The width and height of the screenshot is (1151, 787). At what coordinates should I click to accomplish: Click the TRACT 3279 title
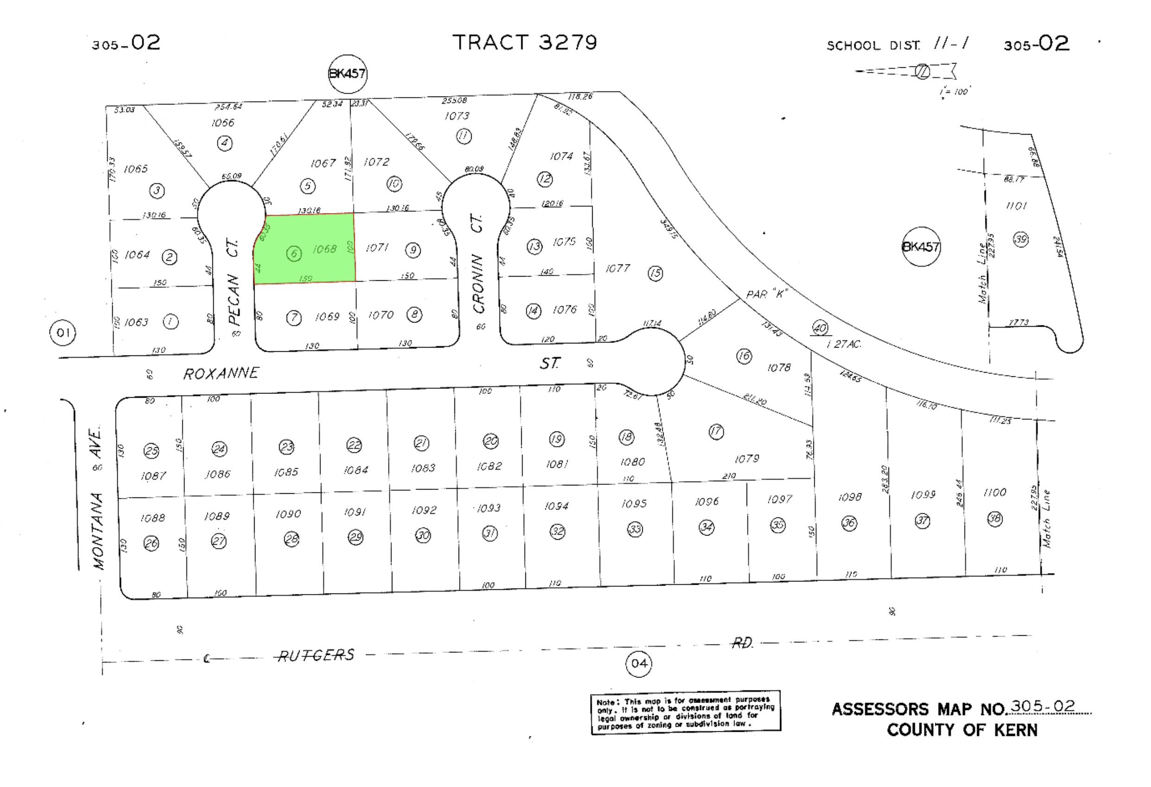[x=524, y=43]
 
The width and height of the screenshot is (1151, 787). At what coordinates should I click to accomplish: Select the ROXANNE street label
[x=221, y=373]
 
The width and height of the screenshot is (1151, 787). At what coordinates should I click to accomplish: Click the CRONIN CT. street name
[x=478, y=263]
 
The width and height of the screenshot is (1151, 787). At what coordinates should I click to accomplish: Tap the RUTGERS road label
[x=316, y=656]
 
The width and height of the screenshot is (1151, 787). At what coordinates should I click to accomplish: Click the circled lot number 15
[x=655, y=273]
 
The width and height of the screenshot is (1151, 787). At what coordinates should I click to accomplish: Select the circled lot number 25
[x=151, y=451]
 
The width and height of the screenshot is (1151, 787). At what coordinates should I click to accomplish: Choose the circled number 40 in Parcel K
[x=820, y=328]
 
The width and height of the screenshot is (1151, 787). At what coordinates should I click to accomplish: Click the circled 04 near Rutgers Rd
[x=639, y=663]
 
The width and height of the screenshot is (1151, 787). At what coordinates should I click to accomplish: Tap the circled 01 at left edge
[x=63, y=333]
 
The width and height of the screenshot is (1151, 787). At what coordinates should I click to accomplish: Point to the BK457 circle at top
[x=348, y=74]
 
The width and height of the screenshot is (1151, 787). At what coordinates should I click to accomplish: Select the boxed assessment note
[x=685, y=713]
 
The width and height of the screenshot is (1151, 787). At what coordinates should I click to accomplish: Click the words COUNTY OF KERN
[x=962, y=730]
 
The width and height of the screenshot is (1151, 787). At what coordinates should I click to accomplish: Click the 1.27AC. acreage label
[x=844, y=343]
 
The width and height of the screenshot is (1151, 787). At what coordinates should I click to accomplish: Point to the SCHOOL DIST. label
[x=873, y=46]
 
